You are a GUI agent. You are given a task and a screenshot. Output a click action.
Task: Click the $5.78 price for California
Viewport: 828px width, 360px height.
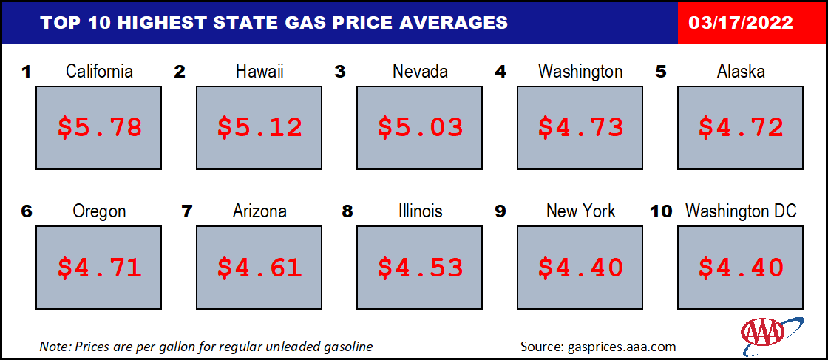coord(99,127)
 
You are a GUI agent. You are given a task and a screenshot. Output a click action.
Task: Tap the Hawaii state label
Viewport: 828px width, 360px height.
coord(259,72)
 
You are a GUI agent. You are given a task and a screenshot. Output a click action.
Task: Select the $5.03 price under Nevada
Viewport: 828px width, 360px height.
coord(420,127)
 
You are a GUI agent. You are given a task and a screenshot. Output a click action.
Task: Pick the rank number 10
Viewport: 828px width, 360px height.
coord(661,211)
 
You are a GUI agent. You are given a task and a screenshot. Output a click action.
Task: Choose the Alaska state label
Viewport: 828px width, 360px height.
coord(741,72)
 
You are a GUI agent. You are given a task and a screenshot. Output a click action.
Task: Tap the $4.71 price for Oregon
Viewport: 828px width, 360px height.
coord(99,267)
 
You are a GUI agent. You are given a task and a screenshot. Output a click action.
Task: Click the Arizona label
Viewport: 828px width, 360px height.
coord(259,211)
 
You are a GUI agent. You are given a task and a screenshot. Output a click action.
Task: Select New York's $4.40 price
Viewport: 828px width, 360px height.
coord(580,267)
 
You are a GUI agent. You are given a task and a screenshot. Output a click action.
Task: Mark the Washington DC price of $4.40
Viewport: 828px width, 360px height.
coord(741,267)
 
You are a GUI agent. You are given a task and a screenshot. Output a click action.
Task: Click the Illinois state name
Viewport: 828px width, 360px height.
coord(420,211)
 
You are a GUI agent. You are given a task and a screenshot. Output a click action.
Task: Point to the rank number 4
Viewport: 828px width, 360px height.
coord(500,72)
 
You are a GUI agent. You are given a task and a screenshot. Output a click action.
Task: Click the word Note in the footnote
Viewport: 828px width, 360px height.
coord(52,346)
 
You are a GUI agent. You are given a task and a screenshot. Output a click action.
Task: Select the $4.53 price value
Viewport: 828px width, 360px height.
coord(420,267)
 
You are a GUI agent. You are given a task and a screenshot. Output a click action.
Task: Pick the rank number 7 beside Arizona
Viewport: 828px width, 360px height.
coord(186,211)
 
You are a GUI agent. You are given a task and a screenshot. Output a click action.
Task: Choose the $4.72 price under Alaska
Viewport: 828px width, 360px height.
coord(741,127)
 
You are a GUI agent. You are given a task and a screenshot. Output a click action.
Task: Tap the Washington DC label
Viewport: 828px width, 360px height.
coord(741,211)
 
